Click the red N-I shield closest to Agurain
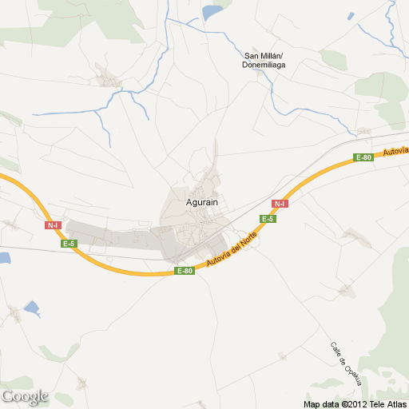pyautogui.click(x=280, y=204)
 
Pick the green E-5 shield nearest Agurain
pyautogui.click(x=268, y=219)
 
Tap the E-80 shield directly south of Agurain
pyautogui.click(x=184, y=271)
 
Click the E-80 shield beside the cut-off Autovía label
pyautogui.click(x=363, y=157)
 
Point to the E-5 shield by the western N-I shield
pyautogui.click(x=70, y=244)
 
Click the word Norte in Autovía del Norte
pyautogui.click(x=247, y=241)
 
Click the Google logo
pyautogui.click(x=25, y=396)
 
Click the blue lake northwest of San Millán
pyautogui.click(x=212, y=12)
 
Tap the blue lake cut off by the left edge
pyautogui.click(x=5, y=258)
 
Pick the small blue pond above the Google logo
pyautogui.click(x=32, y=308)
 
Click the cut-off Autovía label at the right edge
pyautogui.click(x=395, y=151)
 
